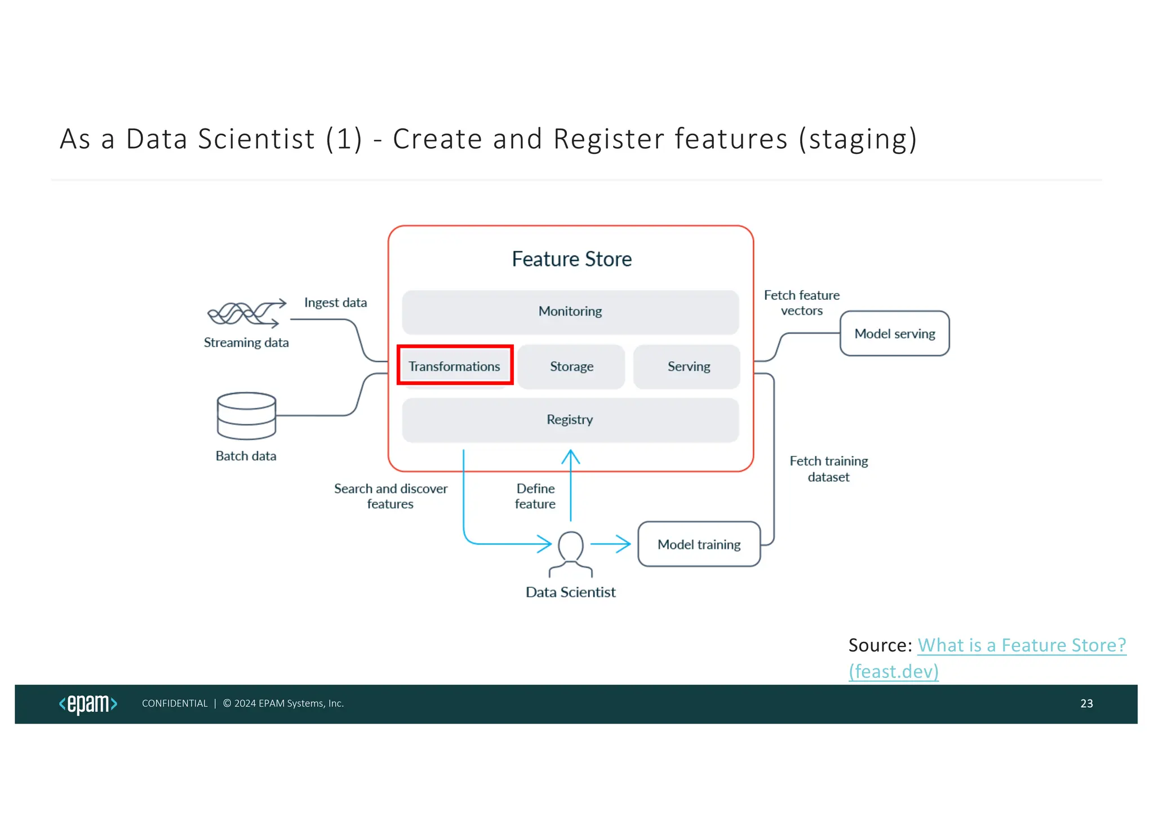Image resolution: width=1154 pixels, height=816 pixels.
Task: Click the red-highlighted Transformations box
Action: click(x=455, y=366)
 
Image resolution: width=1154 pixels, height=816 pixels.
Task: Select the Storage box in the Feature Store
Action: click(x=571, y=367)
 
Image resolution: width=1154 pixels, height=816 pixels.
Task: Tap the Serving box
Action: click(x=688, y=367)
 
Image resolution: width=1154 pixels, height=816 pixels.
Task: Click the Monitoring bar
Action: click(x=570, y=312)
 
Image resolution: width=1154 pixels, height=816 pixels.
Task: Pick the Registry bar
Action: click(x=570, y=420)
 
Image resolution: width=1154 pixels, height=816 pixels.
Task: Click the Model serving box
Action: click(x=894, y=334)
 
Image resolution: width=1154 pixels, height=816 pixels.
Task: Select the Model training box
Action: click(x=699, y=544)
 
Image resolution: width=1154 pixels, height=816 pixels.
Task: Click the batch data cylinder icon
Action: click(x=246, y=416)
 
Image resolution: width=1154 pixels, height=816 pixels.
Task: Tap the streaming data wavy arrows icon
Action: click(x=246, y=313)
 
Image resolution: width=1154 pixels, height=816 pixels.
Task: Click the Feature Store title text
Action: click(x=571, y=259)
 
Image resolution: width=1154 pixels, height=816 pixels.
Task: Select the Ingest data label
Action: click(x=335, y=303)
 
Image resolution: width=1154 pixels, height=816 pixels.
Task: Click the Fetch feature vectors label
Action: click(x=801, y=303)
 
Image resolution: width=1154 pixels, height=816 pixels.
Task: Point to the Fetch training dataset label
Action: click(x=828, y=469)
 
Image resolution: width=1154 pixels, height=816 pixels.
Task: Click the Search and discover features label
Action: click(x=390, y=496)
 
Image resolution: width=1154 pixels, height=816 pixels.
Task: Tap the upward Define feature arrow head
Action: click(x=570, y=454)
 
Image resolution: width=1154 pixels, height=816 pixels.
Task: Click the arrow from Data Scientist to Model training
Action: click(x=611, y=544)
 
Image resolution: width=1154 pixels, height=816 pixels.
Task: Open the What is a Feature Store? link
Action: click(x=1021, y=645)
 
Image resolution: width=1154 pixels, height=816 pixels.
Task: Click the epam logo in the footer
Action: click(x=88, y=704)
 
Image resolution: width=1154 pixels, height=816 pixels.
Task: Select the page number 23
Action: click(x=1086, y=704)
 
